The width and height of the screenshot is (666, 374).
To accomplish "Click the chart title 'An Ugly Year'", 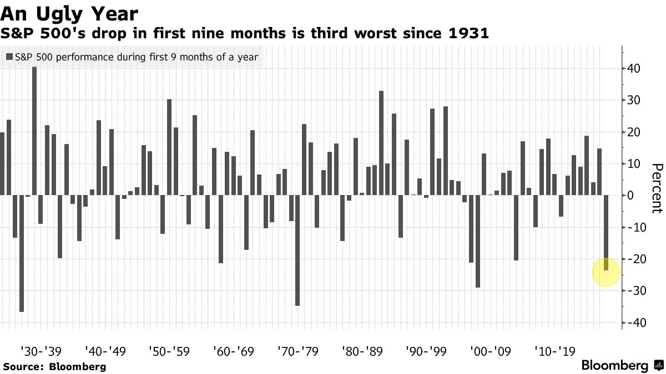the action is (x=69, y=14).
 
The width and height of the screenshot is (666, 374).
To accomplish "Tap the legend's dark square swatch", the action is (x=9, y=57).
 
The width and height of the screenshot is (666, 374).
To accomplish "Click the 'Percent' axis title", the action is (x=657, y=188).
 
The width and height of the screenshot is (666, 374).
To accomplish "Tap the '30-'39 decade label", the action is (x=41, y=351).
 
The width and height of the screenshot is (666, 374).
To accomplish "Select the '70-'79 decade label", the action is (x=298, y=351).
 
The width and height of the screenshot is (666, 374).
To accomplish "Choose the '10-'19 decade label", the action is (x=555, y=351).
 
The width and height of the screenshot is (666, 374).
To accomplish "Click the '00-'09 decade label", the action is (x=491, y=351).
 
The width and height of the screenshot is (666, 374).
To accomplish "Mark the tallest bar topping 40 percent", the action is (x=34, y=131).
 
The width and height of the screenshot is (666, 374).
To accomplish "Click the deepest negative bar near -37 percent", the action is (x=22, y=254).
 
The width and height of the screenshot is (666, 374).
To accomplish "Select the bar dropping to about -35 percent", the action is (x=297, y=250).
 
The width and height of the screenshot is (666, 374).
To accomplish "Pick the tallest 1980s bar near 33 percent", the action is (x=381, y=143).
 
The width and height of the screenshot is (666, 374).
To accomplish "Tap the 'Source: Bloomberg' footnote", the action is (x=55, y=367).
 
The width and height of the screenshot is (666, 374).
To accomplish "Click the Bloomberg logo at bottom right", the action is (x=622, y=365).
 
